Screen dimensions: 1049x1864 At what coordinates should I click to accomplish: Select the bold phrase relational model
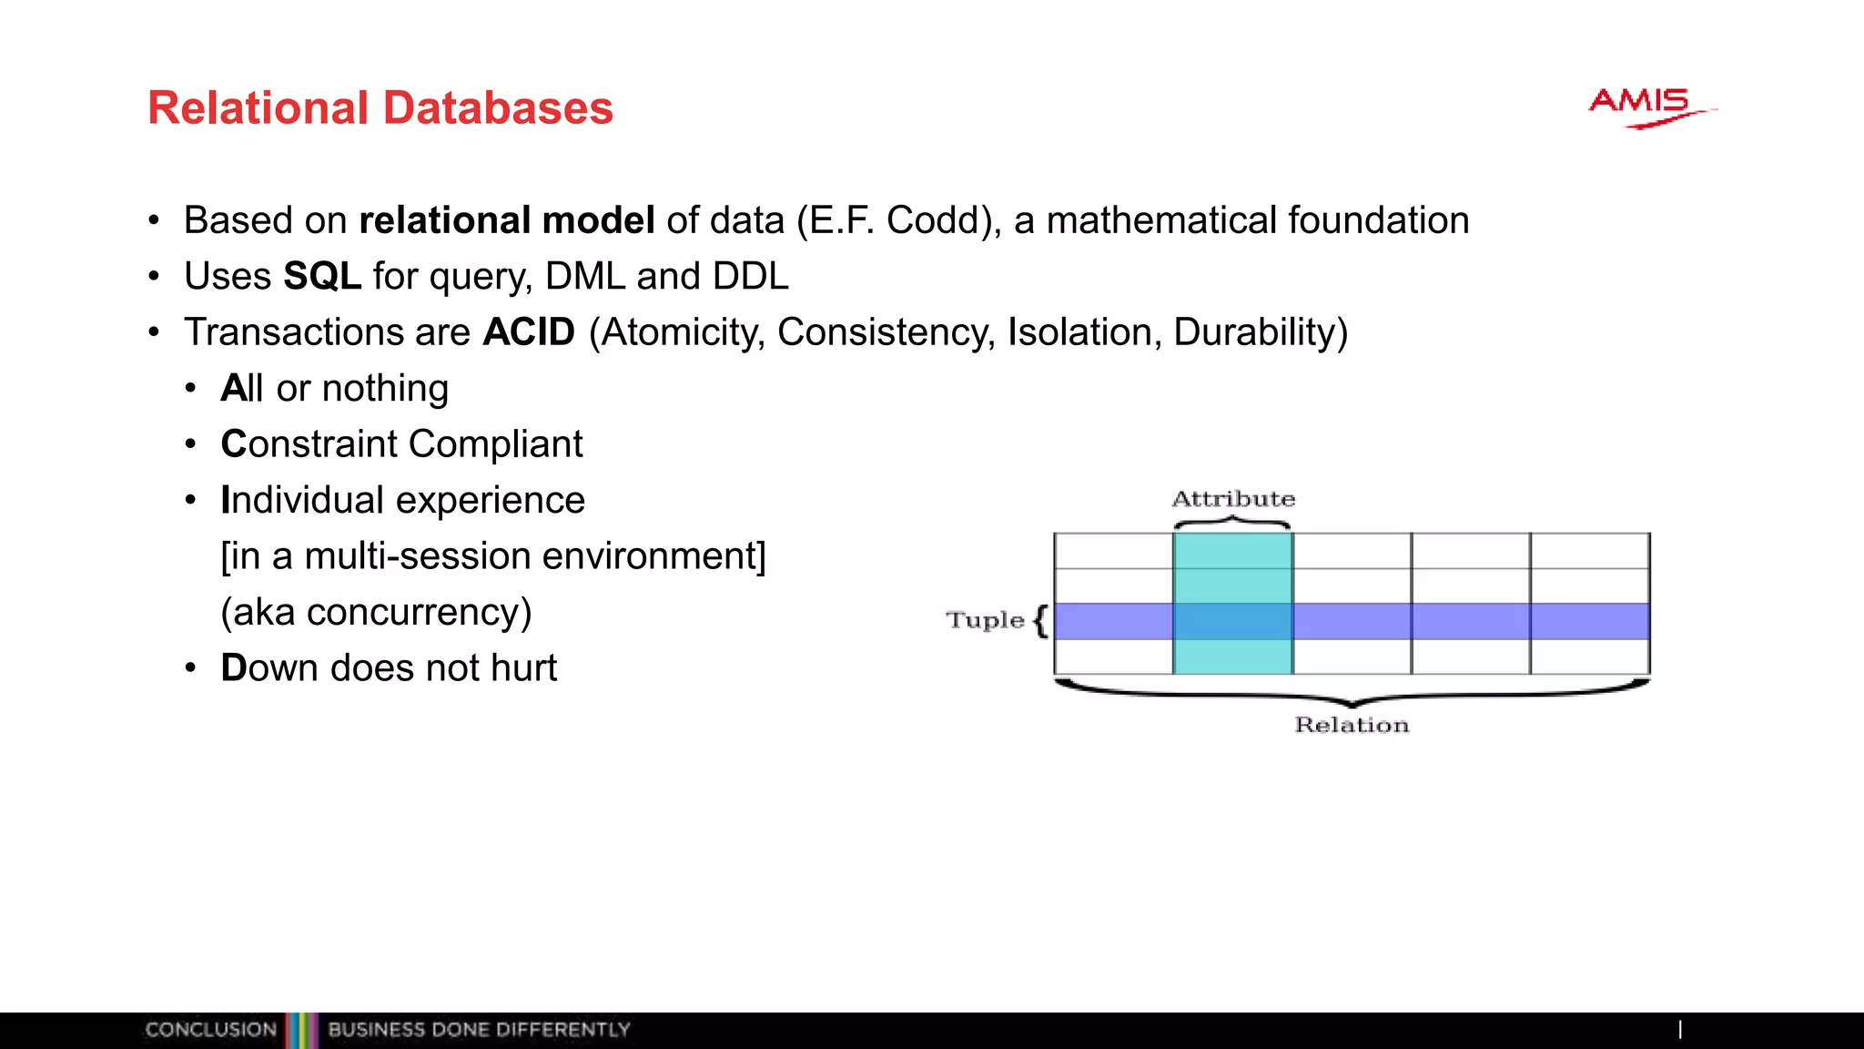coord(507,220)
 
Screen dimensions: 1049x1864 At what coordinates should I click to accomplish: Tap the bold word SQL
coord(322,276)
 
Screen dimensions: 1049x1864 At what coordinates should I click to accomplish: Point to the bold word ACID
coord(529,332)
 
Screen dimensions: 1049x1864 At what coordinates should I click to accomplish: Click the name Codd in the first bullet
coord(938,220)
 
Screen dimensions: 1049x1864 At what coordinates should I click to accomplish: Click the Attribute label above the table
coord(1233,499)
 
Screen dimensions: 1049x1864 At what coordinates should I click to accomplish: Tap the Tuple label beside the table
coord(985,620)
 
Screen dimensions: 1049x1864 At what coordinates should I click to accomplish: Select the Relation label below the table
coord(1352,725)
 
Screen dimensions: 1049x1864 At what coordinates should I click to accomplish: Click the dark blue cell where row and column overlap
coord(1232,621)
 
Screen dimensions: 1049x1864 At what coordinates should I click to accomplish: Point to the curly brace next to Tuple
coord(1041,621)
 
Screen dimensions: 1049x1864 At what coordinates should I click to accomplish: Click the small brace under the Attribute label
coord(1232,523)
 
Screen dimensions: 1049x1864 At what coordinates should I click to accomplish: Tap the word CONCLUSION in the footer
coord(210,1030)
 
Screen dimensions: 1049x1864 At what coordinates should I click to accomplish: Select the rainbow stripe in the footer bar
coord(302,1030)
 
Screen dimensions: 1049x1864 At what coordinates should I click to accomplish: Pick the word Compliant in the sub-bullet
coord(495,444)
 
